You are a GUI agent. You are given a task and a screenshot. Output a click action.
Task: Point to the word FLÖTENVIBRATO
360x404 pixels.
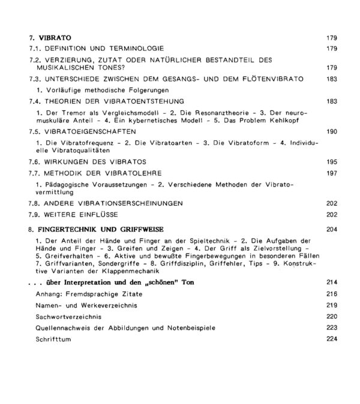coord(272,79)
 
